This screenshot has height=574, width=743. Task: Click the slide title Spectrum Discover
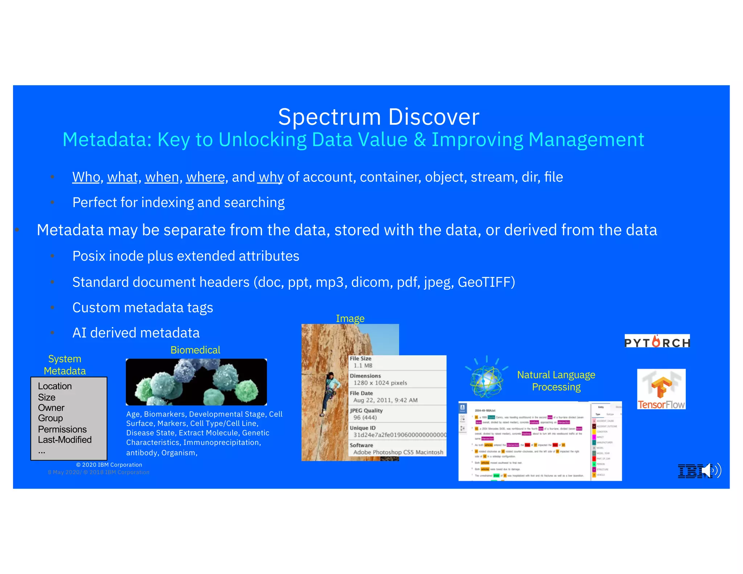(x=378, y=117)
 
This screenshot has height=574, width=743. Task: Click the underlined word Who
(x=86, y=177)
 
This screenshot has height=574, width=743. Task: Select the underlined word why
(x=271, y=177)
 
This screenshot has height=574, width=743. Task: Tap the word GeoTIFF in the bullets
(x=485, y=282)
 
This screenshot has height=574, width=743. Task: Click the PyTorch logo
(x=657, y=342)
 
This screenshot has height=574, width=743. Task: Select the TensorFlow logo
(x=661, y=389)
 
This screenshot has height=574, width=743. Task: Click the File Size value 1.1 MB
(x=363, y=365)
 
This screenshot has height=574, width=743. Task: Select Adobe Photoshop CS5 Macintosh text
(x=398, y=452)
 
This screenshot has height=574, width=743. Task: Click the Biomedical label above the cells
(x=195, y=350)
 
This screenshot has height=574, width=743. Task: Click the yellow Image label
(x=350, y=318)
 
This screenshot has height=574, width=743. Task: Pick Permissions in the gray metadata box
(x=62, y=429)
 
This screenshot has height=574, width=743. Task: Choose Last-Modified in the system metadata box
(x=65, y=440)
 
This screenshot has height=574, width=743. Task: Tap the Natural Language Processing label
(x=556, y=381)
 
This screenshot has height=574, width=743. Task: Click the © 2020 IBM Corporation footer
(x=109, y=465)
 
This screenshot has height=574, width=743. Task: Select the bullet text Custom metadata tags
(x=143, y=308)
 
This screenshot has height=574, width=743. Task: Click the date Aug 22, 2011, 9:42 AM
(x=385, y=400)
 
